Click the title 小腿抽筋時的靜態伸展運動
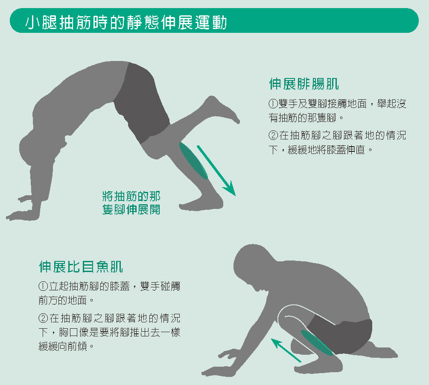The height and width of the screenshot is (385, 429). (x=126, y=22)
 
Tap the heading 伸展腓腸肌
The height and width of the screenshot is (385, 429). (x=304, y=84)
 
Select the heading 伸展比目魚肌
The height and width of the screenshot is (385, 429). (x=81, y=266)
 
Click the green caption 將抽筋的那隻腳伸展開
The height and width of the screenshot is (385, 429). (x=131, y=203)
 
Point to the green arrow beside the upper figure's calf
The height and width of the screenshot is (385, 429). (x=216, y=171)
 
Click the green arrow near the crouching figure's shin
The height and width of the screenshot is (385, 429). (x=286, y=350)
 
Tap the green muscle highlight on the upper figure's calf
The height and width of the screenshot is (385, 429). (x=193, y=161)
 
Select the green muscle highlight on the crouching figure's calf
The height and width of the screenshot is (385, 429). (x=317, y=343)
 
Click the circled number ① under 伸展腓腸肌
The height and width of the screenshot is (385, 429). (x=273, y=104)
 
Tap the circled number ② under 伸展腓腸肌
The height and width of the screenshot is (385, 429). (x=273, y=135)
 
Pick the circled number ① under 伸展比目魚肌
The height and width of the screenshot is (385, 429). (x=43, y=287)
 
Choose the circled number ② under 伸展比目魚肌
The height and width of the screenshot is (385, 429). (x=43, y=318)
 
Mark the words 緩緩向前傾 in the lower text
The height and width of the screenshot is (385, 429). (x=63, y=347)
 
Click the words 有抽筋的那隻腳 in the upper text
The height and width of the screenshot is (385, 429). (x=303, y=118)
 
